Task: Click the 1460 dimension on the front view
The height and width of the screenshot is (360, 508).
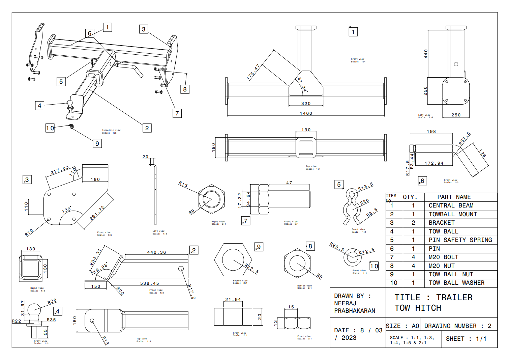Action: coord(306,113)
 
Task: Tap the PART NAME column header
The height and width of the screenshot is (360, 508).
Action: coord(454,197)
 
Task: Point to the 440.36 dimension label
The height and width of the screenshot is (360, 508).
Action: coord(156,252)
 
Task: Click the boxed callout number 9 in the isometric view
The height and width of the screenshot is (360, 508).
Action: coord(97,143)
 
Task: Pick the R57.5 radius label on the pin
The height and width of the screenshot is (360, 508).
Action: coord(464,138)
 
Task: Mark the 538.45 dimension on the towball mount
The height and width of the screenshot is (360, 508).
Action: coord(149,283)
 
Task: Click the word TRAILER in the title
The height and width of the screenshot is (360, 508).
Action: coord(454,298)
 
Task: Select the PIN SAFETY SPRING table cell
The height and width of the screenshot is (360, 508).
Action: coord(460,240)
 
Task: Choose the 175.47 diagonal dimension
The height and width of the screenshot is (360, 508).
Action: coord(253,72)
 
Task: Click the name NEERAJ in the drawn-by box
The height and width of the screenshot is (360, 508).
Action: coord(345,303)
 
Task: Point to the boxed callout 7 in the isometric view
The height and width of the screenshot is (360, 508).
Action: coord(177,113)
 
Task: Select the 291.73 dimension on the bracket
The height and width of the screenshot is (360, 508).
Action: coord(97,213)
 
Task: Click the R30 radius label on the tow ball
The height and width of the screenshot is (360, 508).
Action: coord(52,301)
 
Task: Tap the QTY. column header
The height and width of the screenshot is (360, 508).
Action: coord(410,197)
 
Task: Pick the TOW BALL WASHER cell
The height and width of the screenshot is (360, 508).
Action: coord(456,283)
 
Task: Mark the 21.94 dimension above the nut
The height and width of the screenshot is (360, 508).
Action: coord(233,300)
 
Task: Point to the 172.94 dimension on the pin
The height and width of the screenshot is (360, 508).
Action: coord(434,163)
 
